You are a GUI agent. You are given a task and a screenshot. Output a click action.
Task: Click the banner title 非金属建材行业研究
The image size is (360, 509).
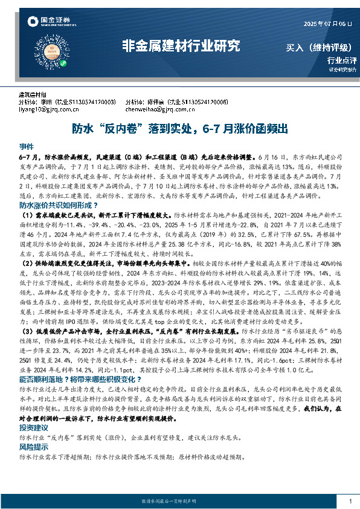point(181,46)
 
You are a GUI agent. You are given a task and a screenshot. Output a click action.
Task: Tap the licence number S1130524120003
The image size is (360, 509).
point(91,103)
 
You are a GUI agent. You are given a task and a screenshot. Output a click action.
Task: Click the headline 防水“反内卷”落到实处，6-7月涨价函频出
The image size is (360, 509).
point(179,129)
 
